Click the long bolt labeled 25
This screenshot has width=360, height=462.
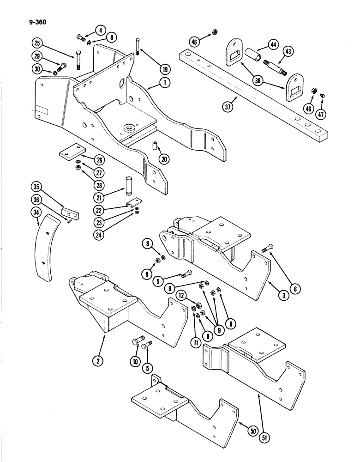77,60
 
